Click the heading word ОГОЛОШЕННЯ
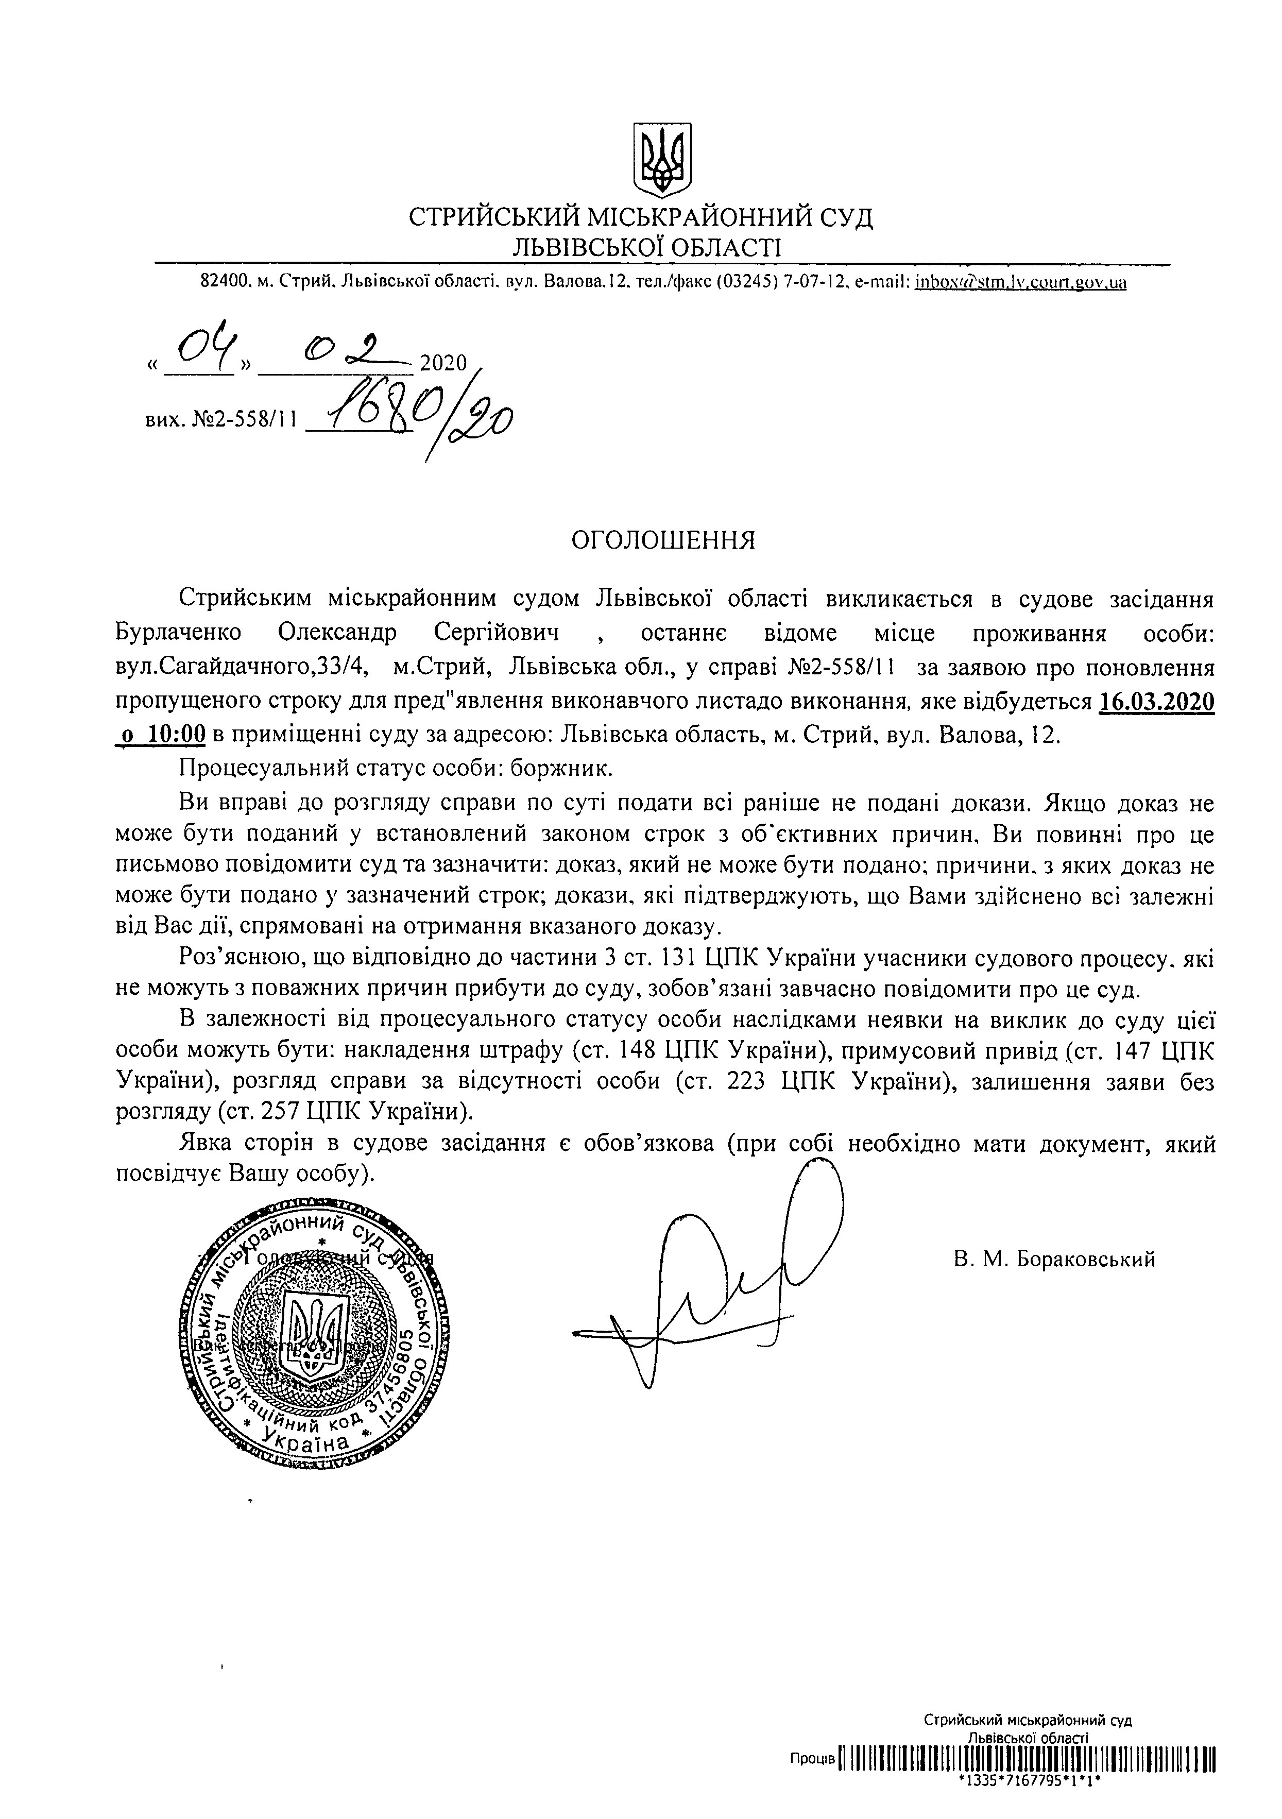tap(664, 540)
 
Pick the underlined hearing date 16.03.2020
tap(1157, 702)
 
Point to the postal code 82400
tap(222, 281)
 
